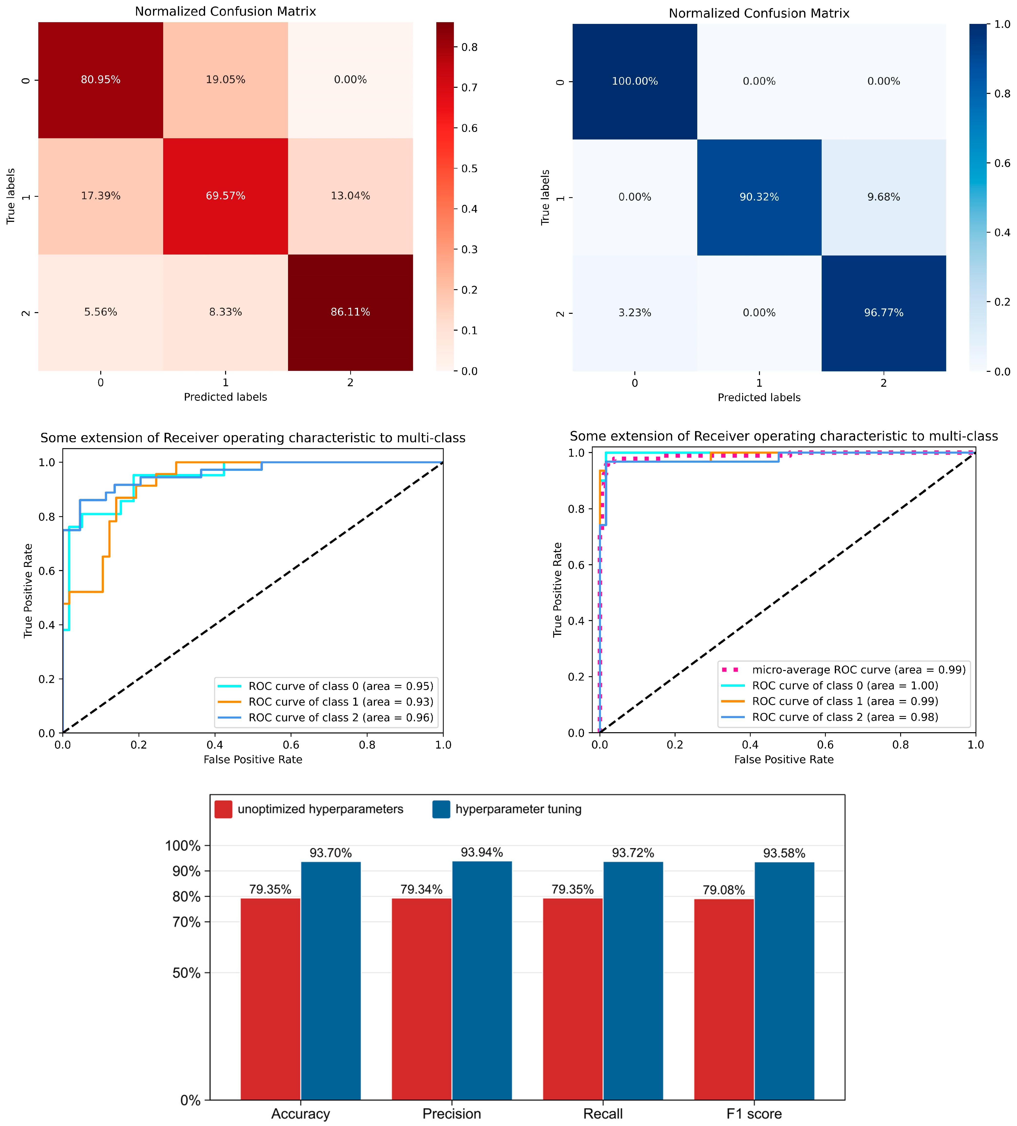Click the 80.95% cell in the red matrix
coord(100,80)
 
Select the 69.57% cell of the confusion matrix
coord(225,196)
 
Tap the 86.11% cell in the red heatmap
coord(350,312)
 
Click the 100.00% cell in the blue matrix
coord(635,81)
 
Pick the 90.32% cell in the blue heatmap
coord(759,197)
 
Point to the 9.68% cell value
coord(883,197)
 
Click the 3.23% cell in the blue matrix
coord(635,313)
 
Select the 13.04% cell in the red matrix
coord(350,196)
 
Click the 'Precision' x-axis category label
coord(451,1113)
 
